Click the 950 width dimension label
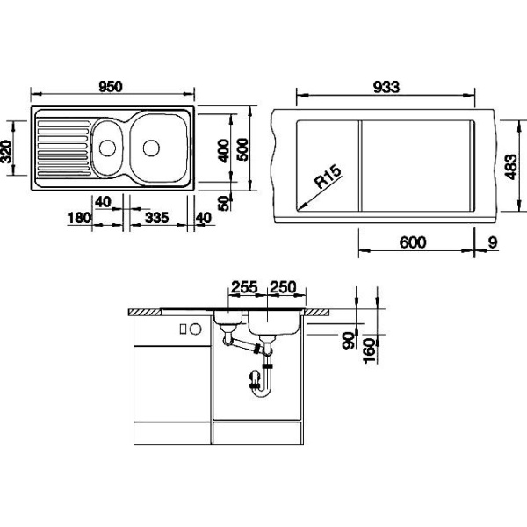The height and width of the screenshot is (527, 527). pyautogui.click(x=111, y=87)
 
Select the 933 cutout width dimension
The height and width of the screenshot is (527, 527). pyautogui.click(x=386, y=87)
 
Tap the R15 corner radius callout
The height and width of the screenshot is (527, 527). pyautogui.click(x=328, y=177)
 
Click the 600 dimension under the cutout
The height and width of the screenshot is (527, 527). pyautogui.click(x=413, y=242)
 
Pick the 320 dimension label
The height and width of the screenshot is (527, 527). pyautogui.click(x=6, y=151)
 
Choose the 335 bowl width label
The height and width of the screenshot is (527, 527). pyautogui.click(x=156, y=218)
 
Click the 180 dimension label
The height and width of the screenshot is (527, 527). pyautogui.click(x=79, y=218)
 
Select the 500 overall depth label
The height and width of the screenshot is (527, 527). pyautogui.click(x=242, y=149)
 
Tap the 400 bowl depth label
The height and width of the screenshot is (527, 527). pyautogui.click(x=223, y=151)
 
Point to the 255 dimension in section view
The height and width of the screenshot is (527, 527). pyautogui.click(x=244, y=287)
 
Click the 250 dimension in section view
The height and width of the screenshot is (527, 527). pyautogui.click(x=284, y=287)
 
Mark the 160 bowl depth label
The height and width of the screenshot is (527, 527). pyautogui.click(x=369, y=350)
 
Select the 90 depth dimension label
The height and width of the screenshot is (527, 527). pyautogui.click(x=348, y=340)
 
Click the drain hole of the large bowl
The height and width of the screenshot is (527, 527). pyautogui.click(x=151, y=148)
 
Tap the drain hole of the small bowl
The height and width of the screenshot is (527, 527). pyautogui.click(x=107, y=148)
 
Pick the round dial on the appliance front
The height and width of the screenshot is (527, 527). pyautogui.click(x=195, y=328)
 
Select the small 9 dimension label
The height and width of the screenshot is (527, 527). pyautogui.click(x=493, y=242)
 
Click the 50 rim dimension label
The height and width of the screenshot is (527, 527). pyautogui.click(x=223, y=203)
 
